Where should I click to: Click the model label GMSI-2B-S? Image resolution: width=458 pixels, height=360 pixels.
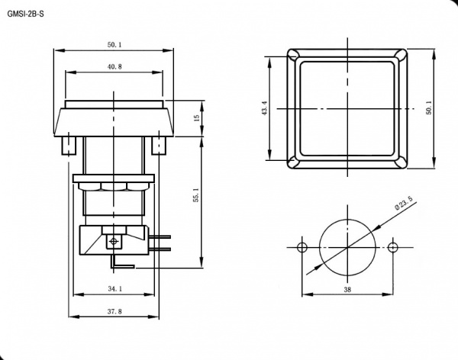(x=26, y=14)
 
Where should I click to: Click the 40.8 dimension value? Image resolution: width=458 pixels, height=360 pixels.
(x=114, y=67)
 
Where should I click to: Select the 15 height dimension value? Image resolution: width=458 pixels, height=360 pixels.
(x=197, y=118)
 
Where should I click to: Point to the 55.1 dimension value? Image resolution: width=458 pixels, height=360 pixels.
(x=197, y=195)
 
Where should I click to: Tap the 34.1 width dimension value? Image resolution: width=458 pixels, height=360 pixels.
(x=114, y=289)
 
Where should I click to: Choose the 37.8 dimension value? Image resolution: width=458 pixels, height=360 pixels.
(x=114, y=311)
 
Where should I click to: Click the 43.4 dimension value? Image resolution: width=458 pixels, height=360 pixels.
(x=265, y=108)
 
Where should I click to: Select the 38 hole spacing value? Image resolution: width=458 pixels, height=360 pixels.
(x=347, y=290)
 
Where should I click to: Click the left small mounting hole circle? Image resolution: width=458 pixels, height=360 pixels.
(x=302, y=248)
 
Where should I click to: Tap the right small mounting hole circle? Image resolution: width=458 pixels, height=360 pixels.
(x=393, y=248)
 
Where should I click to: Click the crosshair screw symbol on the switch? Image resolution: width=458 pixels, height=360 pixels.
(x=114, y=241)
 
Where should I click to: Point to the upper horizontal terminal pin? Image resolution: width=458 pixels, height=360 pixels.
(x=160, y=236)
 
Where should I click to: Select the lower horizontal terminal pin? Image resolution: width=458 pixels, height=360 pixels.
(x=160, y=249)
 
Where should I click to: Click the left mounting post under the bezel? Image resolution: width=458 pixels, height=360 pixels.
(x=69, y=145)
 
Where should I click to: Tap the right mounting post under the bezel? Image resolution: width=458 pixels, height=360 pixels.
(x=159, y=145)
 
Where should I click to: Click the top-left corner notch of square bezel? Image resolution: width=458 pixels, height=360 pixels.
(x=293, y=55)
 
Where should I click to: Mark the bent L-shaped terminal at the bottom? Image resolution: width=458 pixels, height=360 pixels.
(x=122, y=262)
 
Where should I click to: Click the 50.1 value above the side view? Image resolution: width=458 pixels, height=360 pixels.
(x=114, y=45)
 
